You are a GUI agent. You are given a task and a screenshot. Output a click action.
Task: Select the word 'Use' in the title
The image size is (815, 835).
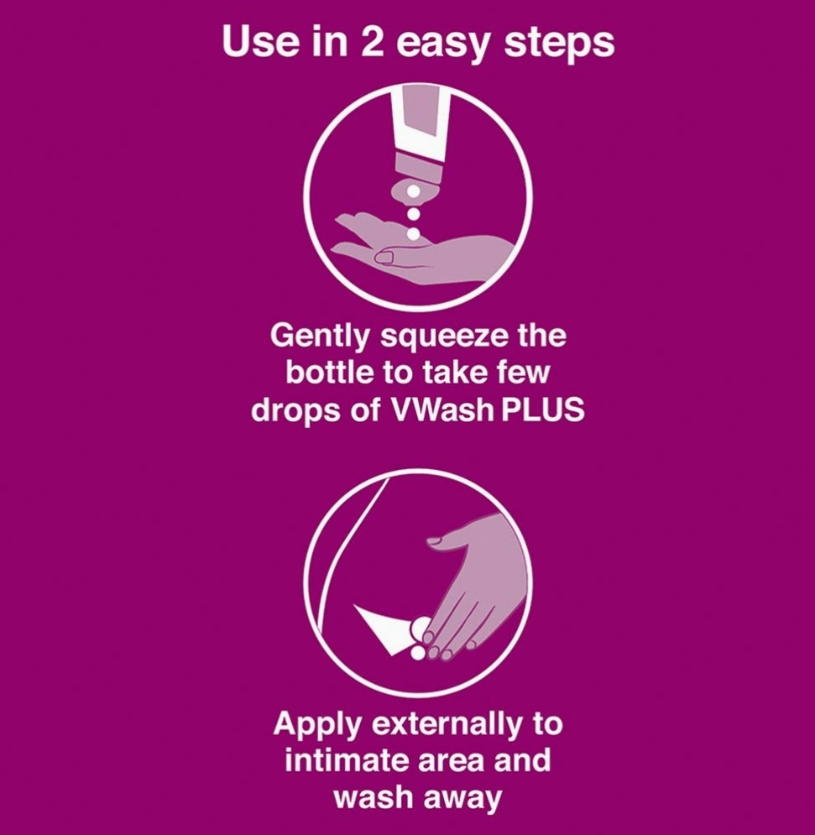(259, 41)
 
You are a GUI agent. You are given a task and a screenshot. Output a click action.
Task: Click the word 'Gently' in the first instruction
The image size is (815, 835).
(319, 337)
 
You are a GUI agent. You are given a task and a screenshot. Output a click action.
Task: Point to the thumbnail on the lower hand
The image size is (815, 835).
(436, 541)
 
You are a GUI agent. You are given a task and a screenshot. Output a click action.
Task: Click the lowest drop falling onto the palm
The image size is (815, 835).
(413, 233)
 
